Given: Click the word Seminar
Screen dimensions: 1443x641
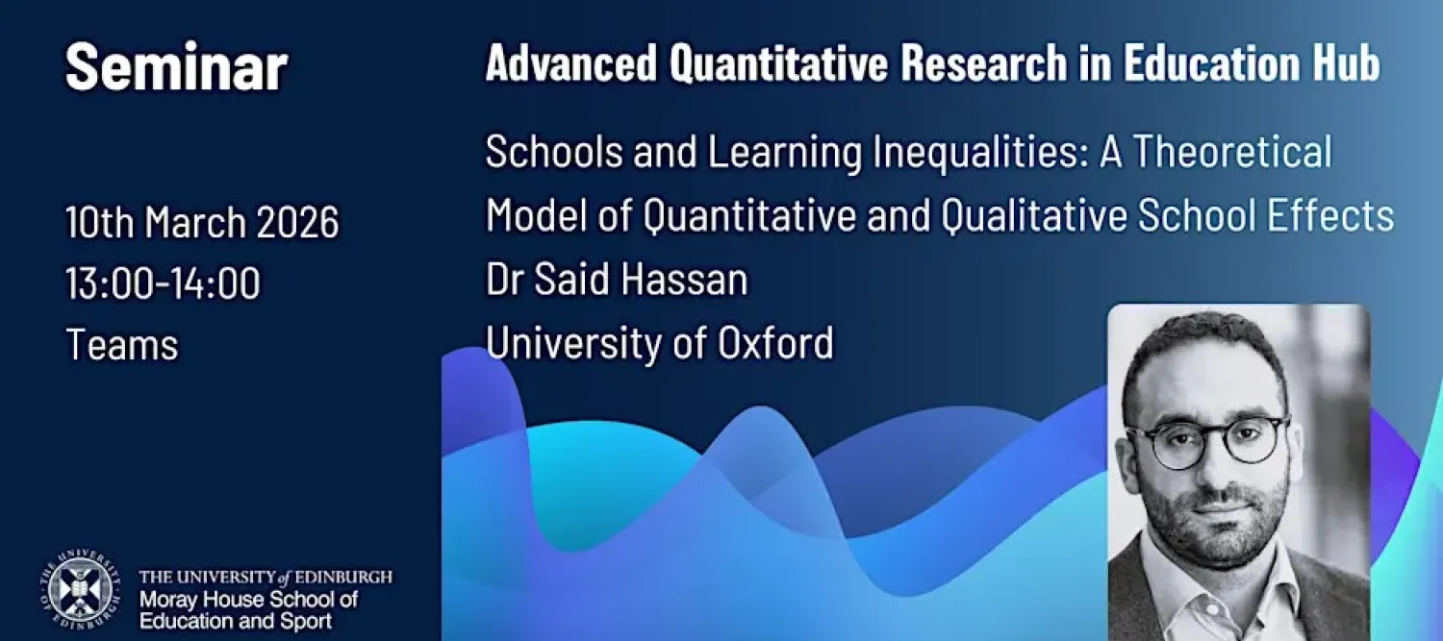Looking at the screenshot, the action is pos(176,67).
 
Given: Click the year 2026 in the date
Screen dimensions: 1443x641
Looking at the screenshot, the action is pos(297,222).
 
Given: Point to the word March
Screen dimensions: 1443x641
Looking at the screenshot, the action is pos(195,222).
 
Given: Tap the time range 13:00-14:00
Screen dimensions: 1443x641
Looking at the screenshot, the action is pos(163,283).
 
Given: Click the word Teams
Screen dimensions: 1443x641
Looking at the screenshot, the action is pos(122,344).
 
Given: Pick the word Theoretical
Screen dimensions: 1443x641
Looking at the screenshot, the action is pos(1232,151).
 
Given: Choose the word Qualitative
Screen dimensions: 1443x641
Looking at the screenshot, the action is pos(1034,216).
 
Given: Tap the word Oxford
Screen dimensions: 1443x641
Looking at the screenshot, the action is pos(775,342).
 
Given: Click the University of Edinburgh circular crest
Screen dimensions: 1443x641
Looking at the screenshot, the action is pos(80,588).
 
